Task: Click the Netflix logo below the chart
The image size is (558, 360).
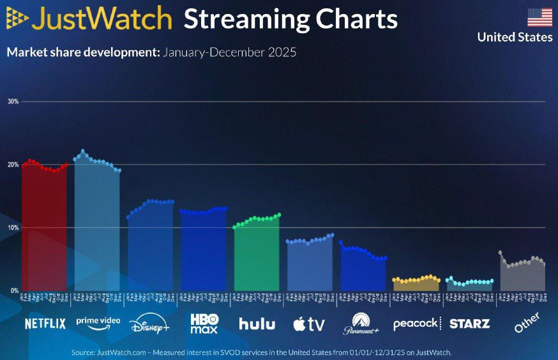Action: coord(45,324)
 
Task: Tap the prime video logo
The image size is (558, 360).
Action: coord(98,322)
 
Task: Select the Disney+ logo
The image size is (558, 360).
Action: coord(149,324)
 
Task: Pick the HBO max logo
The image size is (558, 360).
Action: coord(204,324)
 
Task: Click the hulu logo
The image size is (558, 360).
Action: coord(257,324)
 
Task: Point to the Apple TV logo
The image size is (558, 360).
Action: coord(309,324)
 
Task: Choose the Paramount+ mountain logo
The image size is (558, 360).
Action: coord(361,324)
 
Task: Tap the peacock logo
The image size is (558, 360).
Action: coord(416,324)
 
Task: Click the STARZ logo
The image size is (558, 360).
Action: coord(469,324)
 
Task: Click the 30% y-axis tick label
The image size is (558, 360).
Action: coord(13,101)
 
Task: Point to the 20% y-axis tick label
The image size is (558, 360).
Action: coord(13,165)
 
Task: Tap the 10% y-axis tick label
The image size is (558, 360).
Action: coord(13,227)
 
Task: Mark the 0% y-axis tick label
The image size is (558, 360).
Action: coord(14,290)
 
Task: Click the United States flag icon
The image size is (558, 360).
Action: coord(539,17)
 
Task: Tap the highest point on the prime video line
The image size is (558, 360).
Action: coord(83,151)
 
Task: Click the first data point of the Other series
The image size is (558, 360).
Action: coord(501,253)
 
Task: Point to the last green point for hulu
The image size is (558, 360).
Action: coord(279,215)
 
